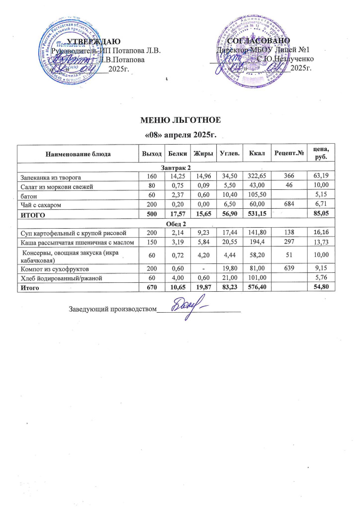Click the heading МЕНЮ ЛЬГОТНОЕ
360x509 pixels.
(180, 120)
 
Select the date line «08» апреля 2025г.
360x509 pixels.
(180, 135)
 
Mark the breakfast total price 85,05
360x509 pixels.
(318, 215)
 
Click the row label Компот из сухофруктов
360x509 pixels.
(51, 269)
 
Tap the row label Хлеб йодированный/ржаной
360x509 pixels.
(61, 278)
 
